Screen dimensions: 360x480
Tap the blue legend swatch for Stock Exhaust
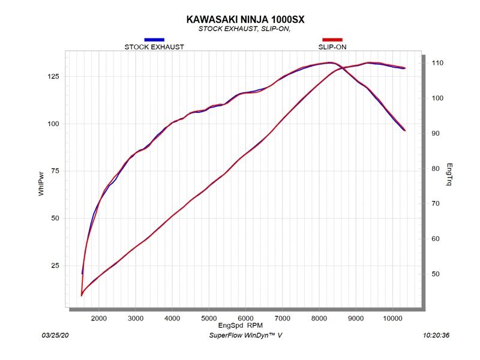(x=154, y=40)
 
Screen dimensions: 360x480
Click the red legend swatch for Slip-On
(x=332, y=40)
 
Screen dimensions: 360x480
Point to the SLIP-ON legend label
(x=332, y=47)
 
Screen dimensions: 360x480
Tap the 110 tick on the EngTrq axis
(x=437, y=63)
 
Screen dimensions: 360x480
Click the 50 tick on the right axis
(x=435, y=274)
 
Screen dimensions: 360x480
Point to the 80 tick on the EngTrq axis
(x=435, y=169)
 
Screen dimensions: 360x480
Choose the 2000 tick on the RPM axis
(x=99, y=317)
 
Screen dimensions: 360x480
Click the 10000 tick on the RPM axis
(x=392, y=317)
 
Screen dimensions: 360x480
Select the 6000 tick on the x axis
(x=246, y=317)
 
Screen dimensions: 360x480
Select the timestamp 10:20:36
(x=436, y=335)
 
